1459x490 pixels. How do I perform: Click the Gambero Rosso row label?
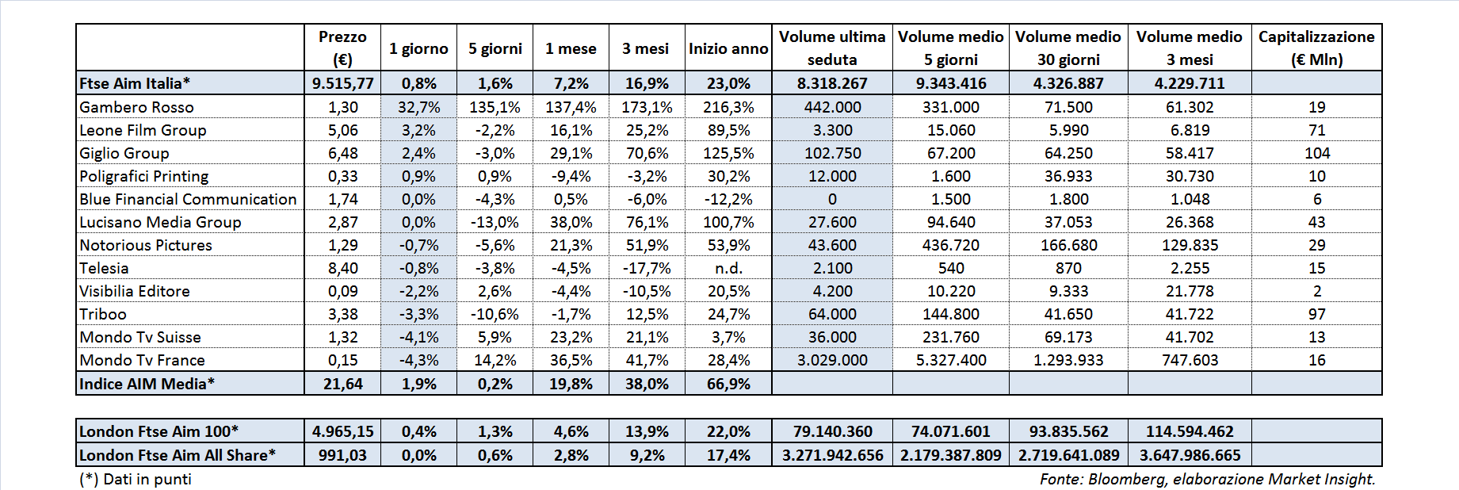(x=136, y=107)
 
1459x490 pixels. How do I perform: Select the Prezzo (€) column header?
(x=342, y=48)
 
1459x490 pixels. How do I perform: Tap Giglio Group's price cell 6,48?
(x=342, y=153)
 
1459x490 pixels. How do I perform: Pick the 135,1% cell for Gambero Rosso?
(x=495, y=107)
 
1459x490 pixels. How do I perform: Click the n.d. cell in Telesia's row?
(x=728, y=268)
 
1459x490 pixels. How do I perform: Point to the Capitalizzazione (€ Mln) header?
(x=1316, y=48)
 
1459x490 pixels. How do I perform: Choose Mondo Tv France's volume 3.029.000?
(x=832, y=360)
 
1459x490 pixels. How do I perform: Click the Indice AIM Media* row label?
(x=147, y=384)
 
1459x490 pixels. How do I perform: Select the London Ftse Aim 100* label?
(x=159, y=431)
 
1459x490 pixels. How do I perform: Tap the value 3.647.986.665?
(x=1190, y=455)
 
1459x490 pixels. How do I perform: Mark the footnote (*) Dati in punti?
(x=136, y=479)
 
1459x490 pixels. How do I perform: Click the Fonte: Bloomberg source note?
(x=1207, y=479)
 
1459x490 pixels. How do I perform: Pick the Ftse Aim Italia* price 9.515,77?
(x=342, y=83)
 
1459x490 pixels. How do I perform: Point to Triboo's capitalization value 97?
(x=1316, y=314)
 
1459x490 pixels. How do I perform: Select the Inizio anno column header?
(x=728, y=48)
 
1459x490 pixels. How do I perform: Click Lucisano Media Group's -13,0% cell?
(x=495, y=222)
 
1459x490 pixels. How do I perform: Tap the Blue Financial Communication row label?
(x=188, y=199)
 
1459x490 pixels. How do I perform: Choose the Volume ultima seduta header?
(x=832, y=48)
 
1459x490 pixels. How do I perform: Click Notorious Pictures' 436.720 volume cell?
(x=950, y=245)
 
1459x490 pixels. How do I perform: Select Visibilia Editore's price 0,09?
(x=342, y=291)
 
